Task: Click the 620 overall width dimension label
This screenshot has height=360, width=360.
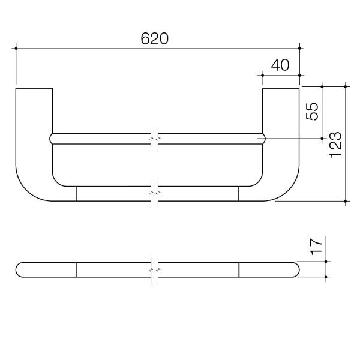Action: (155, 38)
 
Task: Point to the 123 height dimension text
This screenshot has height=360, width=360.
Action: (336, 145)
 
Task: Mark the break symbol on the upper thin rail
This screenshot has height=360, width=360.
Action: (154, 138)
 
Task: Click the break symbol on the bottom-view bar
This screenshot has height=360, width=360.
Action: (154, 270)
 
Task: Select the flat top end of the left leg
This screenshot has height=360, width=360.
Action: (34, 89)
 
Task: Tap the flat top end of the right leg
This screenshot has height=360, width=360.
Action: (280, 89)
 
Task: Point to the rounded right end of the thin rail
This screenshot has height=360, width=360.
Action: (261, 138)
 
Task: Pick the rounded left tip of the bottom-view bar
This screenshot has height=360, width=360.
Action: (19, 270)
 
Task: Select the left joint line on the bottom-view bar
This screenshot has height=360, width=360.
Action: (76, 270)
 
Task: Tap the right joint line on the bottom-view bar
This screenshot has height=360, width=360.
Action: (238, 270)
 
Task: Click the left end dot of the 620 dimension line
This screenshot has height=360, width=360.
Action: (16, 47)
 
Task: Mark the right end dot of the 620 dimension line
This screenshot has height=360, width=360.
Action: (299, 47)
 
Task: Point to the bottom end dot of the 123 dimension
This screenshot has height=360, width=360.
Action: (346, 202)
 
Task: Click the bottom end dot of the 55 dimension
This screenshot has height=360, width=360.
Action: (322, 139)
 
